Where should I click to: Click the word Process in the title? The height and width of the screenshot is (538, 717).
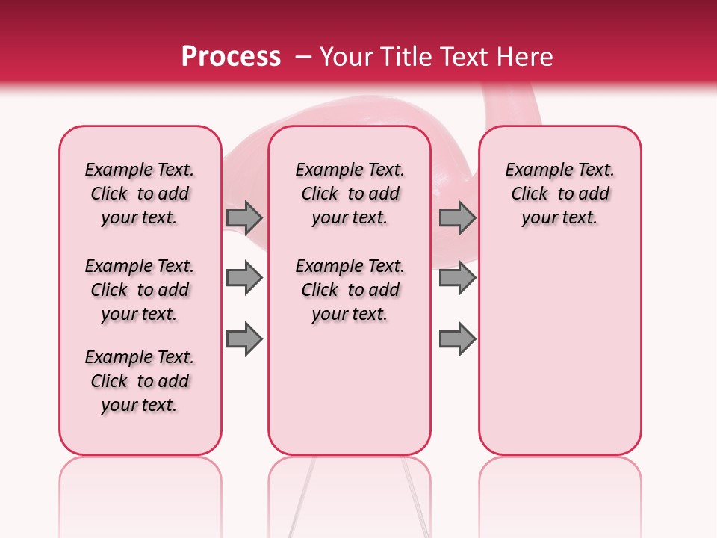(231, 57)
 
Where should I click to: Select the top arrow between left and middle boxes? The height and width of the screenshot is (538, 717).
(244, 217)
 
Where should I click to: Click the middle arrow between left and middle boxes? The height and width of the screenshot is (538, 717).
(244, 279)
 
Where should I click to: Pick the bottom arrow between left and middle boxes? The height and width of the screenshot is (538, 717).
(244, 338)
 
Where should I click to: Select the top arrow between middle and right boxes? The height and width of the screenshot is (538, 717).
(457, 217)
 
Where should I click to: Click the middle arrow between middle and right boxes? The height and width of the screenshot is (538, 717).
(457, 279)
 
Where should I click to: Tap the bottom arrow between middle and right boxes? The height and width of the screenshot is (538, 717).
(457, 339)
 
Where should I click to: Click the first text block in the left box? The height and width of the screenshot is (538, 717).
(140, 194)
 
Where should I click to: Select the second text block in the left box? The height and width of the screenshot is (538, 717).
(140, 290)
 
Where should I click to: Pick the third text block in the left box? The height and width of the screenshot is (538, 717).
(140, 381)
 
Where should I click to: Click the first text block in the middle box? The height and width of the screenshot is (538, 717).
(350, 194)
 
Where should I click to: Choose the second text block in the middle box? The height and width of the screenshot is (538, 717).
(350, 290)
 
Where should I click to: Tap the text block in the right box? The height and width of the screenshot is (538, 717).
(559, 194)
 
